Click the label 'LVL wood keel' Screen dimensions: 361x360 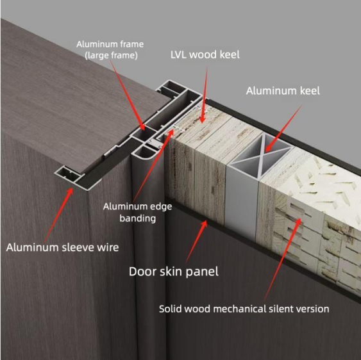[x=205, y=54]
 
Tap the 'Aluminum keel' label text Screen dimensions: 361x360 [x=283, y=91]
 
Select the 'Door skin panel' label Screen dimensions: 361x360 [x=174, y=272]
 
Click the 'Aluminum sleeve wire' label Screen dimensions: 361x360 [x=62, y=247]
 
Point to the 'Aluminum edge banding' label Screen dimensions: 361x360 [x=137, y=212]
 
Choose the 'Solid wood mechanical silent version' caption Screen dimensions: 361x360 [x=244, y=309]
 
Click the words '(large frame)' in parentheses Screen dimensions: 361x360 [x=111, y=56]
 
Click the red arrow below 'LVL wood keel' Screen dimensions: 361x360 [x=205, y=95]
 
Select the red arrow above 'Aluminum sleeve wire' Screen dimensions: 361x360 [x=58, y=215]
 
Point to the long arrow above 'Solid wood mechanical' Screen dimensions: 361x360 [x=283, y=259]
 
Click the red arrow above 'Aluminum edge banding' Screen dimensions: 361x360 [x=153, y=166]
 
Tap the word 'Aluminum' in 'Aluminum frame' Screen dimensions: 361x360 [x=94, y=44]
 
